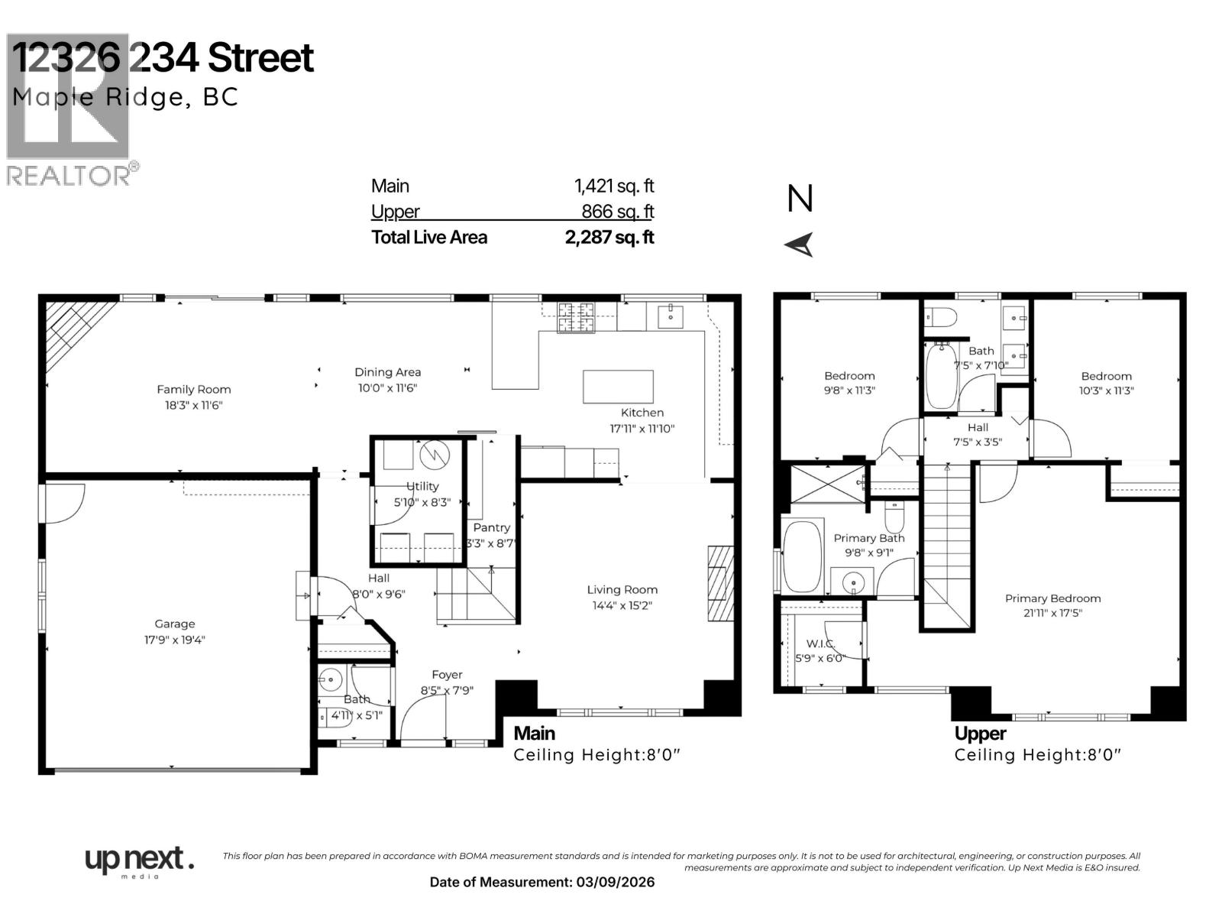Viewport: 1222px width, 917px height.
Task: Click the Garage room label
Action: (174, 624)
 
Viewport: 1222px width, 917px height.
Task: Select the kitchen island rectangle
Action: (618, 386)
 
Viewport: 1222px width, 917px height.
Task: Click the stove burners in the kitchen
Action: (575, 318)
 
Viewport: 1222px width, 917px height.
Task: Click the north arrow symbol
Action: (800, 245)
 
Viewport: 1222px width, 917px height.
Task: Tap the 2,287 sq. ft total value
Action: (609, 238)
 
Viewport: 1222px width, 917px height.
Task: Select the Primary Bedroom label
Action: (1052, 599)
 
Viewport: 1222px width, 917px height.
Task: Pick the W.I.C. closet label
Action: (820, 644)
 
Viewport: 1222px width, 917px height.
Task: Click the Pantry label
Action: (491, 528)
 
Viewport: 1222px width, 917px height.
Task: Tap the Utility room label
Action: (422, 487)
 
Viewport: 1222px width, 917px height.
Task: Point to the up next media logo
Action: (138, 861)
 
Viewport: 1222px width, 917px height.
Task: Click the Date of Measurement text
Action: (541, 883)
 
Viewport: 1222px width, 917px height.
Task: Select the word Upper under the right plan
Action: (980, 734)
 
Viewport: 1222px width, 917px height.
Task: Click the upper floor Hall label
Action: (978, 428)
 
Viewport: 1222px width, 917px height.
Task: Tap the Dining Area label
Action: (387, 373)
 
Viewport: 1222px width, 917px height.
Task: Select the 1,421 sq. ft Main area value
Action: (613, 186)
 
